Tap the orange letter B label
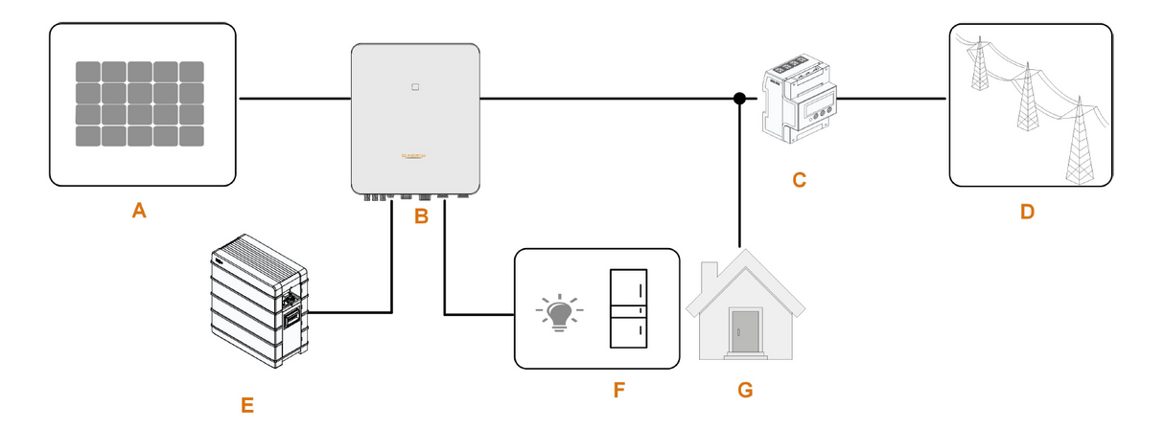tap(420, 217)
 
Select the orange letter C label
tap(799, 179)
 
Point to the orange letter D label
tap(1027, 212)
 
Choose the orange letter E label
tap(247, 405)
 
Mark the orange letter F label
tap(617, 391)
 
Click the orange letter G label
tap(745, 391)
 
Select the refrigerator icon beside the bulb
tap(629, 308)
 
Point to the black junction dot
tap(739, 99)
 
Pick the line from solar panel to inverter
tap(294, 99)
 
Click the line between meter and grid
tap(891, 99)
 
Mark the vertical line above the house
tap(739, 172)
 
